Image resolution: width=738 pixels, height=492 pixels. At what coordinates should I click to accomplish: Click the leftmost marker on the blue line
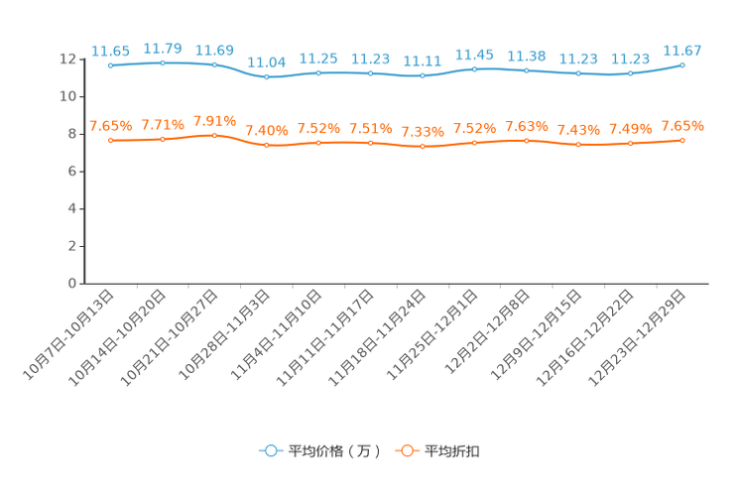[x=111, y=65]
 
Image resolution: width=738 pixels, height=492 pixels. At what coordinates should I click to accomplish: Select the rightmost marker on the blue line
[x=682, y=64]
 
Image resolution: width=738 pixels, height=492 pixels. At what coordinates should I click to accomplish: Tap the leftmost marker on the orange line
[x=111, y=141]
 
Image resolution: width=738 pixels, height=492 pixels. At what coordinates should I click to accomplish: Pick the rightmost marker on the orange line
[x=682, y=141]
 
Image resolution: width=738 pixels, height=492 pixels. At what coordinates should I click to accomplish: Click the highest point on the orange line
[x=215, y=135]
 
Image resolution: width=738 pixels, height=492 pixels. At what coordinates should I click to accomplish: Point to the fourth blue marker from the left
[x=266, y=76]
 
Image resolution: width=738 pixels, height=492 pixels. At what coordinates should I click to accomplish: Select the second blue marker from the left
[x=163, y=62]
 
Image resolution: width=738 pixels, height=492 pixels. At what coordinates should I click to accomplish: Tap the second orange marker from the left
[x=163, y=139]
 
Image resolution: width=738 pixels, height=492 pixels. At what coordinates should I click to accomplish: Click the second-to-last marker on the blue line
[x=630, y=73]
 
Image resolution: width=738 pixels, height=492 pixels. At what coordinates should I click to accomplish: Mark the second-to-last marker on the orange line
[x=630, y=145]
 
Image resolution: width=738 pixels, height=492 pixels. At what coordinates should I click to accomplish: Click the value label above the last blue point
[x=681, y=50]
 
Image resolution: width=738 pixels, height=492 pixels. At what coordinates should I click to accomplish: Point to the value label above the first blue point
[x=110, y=50]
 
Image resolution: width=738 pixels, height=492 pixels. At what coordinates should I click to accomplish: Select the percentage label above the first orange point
[x=110, y=126]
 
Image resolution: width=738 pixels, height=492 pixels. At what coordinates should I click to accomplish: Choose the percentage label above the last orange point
[x=682, y=126]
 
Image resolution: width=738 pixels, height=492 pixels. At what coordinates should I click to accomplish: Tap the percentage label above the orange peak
[x=215, y=120]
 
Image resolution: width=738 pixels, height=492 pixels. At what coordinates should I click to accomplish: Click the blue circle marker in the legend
[x=270, y=450]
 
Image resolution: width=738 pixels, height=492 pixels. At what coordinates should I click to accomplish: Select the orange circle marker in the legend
[x=407, y=450]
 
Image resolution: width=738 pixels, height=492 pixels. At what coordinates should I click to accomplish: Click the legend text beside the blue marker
[x=334, y=451]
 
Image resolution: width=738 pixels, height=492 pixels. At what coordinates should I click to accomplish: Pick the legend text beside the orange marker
[x=453, y=451]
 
